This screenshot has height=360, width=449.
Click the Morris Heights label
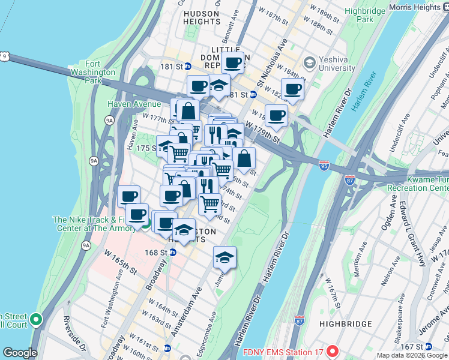click(x=414, y=7)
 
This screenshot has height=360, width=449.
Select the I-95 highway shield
click(x=324, y=163)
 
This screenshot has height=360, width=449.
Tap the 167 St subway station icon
click(x=429, y=346)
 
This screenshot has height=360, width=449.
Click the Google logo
click(x=20, y=353)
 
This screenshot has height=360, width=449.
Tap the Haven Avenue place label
click(x=134, y=104)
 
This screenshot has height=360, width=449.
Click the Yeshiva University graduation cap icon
click(x=310, y=63)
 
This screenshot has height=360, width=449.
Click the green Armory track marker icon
click(x=145, y=225)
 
